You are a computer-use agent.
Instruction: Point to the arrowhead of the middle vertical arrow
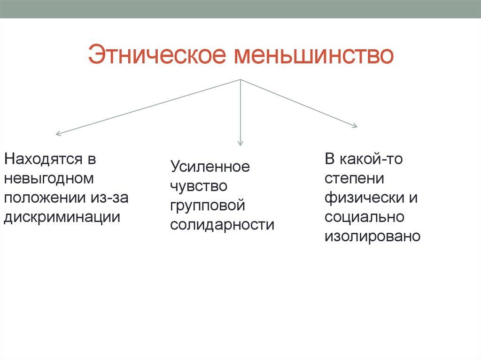click(x=240, y=143)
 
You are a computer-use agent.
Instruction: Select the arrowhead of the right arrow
click(x=355, y=125)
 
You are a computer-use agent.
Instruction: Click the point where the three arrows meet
click(x=240, y=80)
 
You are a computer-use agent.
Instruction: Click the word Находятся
click(x=43, y=159)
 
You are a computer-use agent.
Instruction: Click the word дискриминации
click(x=62, y=217)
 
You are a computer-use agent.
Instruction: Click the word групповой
click(x=208, y=206)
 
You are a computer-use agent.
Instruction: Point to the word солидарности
click(x=222, y=225)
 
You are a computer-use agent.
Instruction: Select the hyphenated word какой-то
click(x=372, y=159)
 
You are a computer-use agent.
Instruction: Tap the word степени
click(x=354, y=178)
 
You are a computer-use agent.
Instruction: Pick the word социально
click(x=364, y=217)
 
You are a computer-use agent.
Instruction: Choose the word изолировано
click(x=372, y=236)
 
